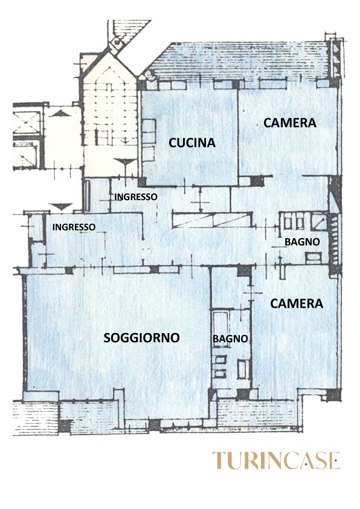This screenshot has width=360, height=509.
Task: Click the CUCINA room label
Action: (192, 143)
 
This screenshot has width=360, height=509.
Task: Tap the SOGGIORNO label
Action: (141, 337)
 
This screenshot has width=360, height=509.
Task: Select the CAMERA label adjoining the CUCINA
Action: (289, 123)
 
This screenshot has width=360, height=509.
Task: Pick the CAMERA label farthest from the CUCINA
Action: (297, 303)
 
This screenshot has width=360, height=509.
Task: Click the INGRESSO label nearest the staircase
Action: (136, 196)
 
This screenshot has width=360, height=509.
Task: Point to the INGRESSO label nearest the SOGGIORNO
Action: (74, 227)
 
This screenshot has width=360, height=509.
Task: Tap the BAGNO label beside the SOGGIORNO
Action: (230, 339)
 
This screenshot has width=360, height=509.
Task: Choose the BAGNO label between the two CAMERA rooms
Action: (302, 242)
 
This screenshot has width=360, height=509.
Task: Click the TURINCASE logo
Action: (276, 460)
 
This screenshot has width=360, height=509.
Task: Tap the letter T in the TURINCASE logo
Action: (219, 460)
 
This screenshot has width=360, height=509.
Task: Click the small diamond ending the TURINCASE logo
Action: (337, 461)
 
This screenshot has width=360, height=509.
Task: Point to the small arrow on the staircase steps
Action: (126, 140)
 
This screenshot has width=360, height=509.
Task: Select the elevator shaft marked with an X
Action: (26, 122)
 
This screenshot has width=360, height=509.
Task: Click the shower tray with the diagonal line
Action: (319, 222)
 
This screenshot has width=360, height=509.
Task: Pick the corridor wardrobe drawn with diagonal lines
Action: (213, 220)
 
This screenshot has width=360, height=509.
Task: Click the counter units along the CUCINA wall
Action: (149, 140)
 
